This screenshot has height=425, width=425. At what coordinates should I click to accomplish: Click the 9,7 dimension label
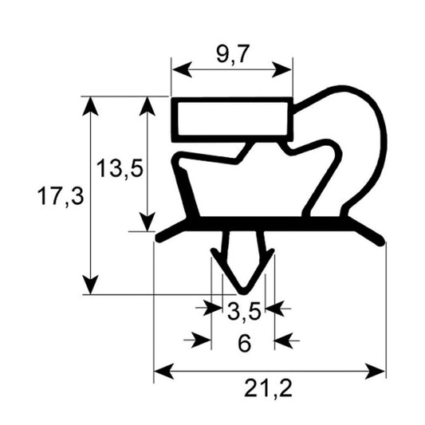pyautogui.click(x=231, y=57)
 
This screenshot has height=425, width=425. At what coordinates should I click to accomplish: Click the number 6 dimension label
pyautogui.click(x=244, y=343)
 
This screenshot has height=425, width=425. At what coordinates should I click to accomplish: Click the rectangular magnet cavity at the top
pyautogui.click(x=231, y=119)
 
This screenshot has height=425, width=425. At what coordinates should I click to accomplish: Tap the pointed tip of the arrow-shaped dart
pyautogui.click(x=243, y=290)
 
